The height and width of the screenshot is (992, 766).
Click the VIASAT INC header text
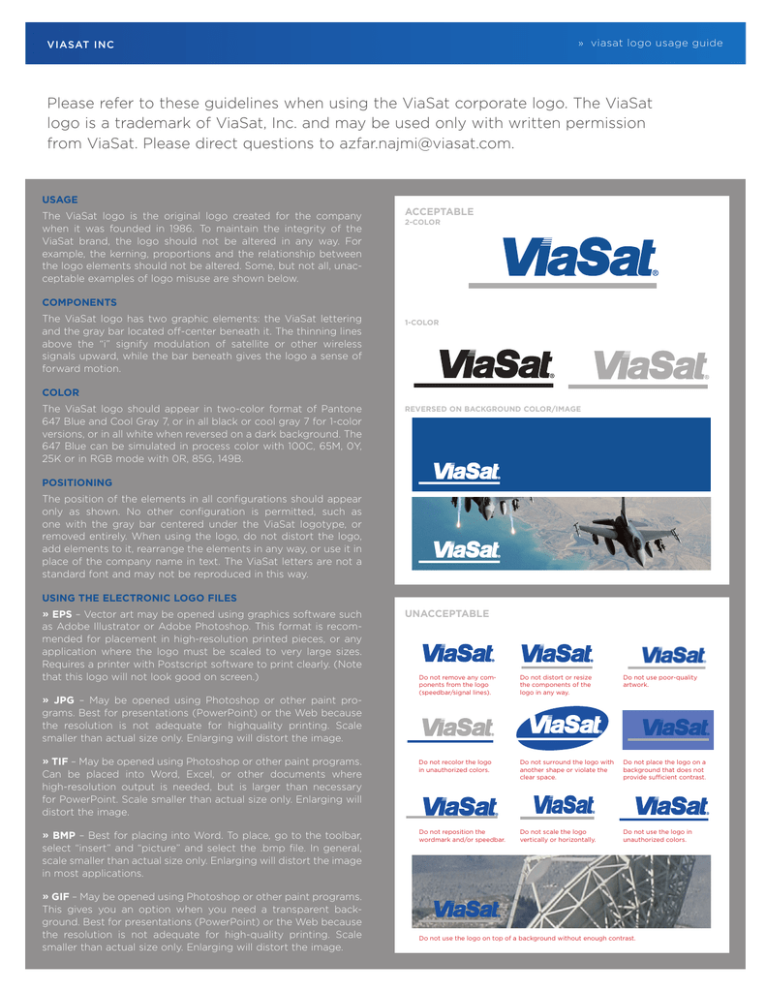point(81,45)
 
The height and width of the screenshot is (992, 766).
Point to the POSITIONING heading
point(77,482)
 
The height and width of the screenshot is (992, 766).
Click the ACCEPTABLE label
point(439,211)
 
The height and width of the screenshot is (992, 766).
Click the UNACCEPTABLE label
point(446,613)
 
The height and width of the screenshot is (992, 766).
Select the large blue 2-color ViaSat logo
point(580,259)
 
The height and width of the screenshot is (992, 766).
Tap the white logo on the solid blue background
point(467,472)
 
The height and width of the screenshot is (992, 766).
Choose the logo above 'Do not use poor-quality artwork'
point(673,657)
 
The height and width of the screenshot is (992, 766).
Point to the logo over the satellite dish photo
point(467,909)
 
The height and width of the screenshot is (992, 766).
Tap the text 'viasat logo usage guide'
point(657,44)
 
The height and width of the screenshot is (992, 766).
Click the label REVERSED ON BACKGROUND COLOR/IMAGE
point(492,409)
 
